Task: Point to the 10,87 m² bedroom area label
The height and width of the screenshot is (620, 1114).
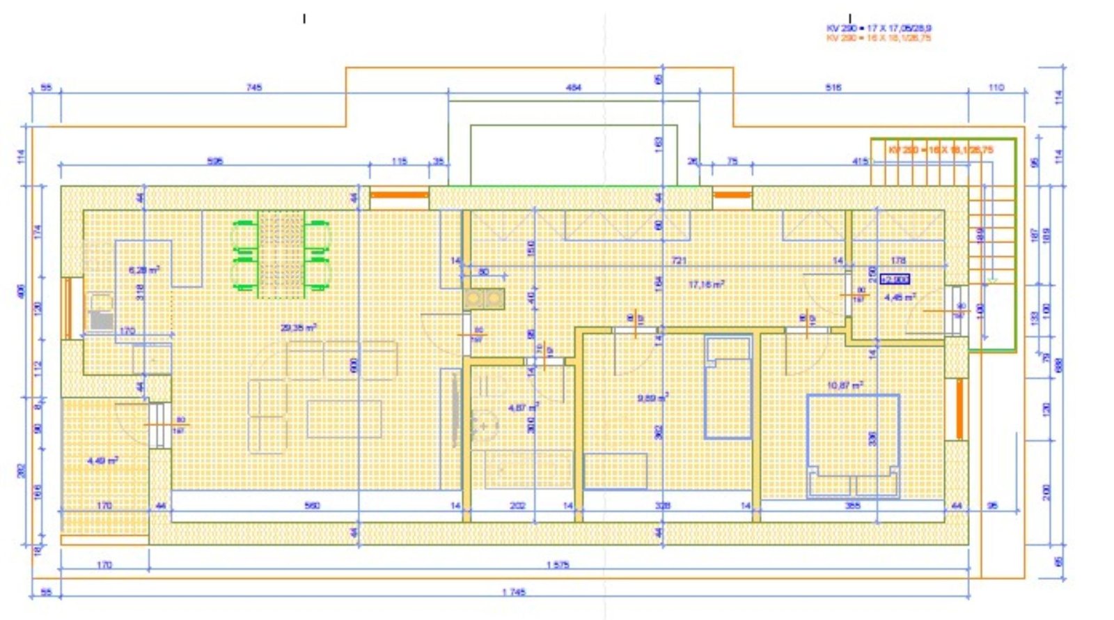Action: pyautogui.click(x=845, y=385)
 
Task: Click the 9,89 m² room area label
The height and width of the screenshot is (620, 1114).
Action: pyautogui.click(x=652, y=398)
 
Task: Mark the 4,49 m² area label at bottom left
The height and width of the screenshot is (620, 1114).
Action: pyautogui.click(x=102, y=460)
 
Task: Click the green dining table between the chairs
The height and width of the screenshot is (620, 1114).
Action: pyautogui.click(x=281, y=254)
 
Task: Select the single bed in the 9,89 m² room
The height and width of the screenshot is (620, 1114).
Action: pyautogui.click(x=728, y=387)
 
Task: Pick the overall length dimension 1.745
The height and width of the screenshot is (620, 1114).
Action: pyautogui.click(x=514, y=592)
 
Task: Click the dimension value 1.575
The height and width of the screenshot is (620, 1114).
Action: pyautogui.click(x=558, y=565)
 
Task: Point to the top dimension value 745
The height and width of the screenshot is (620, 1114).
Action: pyautogui.click(x=254, y=87)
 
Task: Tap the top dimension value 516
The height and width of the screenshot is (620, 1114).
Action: pyautogui.click(x=833, y=87)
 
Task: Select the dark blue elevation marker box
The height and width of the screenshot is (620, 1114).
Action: pyautogui.click(x=895, y=279)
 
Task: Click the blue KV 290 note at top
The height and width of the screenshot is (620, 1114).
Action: pyautogui.click(x=879, y=28)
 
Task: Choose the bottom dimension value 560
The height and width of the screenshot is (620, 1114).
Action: pyautogui.click(x=313, y=505)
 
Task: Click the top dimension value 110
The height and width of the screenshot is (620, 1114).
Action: pyautogui.click(x=996, y=87)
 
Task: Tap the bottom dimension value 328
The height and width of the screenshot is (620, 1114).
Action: pyautogui.click(x=663, y=505)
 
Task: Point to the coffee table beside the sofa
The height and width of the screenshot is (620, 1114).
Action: pyautogui.click(x=344, y=419)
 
